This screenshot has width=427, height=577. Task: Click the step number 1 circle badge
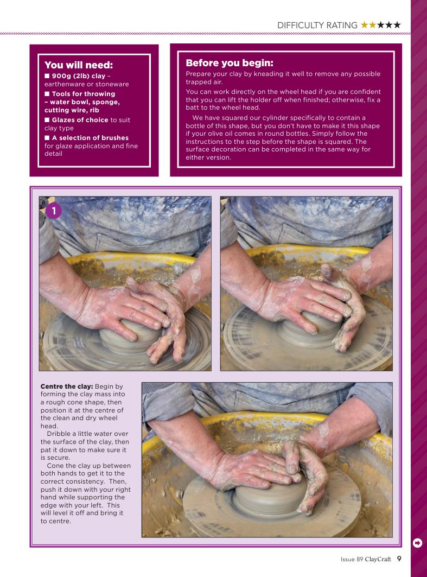pos(54,211)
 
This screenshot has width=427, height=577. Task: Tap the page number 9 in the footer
pos(399,559)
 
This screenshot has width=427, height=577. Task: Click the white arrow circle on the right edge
pos(417,543)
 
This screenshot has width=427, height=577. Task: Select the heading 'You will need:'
pos(79,65)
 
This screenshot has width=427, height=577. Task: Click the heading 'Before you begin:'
pos(230,63)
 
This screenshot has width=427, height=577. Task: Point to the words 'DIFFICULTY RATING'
pos(317,25)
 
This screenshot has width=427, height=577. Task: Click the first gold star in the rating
pos(365,24)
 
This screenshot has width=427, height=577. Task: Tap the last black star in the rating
pos(397,24)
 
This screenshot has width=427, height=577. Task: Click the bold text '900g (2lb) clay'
pos(78,76)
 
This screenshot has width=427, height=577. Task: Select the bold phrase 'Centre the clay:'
pos(67,386)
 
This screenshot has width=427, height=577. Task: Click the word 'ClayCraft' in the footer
pos(378,559)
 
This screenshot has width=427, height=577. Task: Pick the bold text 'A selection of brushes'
pos(90,138)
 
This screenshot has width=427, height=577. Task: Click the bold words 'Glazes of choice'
pos(80,120)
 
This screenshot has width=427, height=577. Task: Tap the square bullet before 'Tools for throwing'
pos(47,94)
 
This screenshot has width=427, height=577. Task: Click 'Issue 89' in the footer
pos(352,559)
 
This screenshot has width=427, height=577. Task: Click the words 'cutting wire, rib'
pos(72,110)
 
